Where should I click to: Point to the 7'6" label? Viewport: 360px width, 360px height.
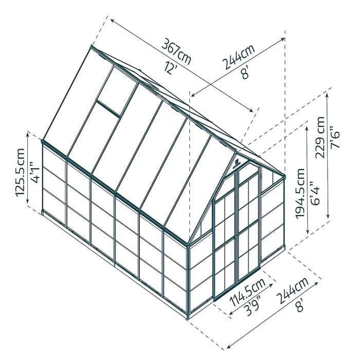[336, 137]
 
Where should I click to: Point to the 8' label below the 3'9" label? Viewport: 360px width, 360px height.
[300, 307]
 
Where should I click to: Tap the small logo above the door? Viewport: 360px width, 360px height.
[236, 164]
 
